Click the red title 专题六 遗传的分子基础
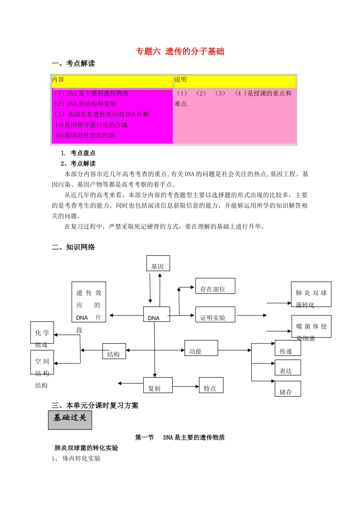tap(180, 52)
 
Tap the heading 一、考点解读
tap(73, 64)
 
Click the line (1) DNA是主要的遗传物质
tap(91, 93)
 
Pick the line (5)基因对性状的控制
tap(85, 135)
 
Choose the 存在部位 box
tap(215, 286)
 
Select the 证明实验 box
tap(215, 315)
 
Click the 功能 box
tap(201, 348)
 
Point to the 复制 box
tap(158, 385)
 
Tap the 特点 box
tap(211, 385)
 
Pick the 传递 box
tap(288, 348)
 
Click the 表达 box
tap(288, 368)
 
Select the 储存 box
tap(288, 389)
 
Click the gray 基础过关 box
tap(70, 420)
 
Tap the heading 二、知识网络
tap(73, 247)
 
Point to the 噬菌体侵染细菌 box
tap(311, 326)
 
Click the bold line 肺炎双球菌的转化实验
tap(86, 448)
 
